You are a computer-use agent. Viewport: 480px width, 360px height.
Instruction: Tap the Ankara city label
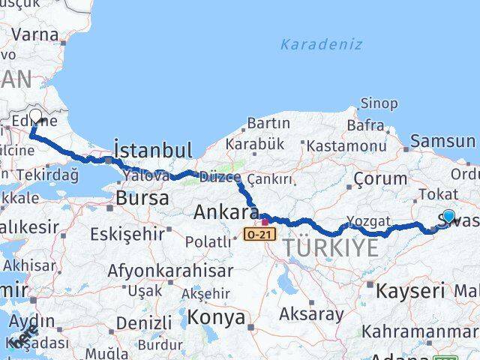[x=226, y=211]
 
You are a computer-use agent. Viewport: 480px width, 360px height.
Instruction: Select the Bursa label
[x=142, y=199]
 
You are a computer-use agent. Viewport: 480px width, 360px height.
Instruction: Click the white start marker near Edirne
[x=35, y=118]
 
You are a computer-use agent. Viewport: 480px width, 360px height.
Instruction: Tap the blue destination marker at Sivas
[x=448, y=217]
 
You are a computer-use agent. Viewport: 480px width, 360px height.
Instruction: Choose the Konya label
[x=216, y=317]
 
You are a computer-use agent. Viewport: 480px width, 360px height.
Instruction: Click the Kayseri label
[x=410, y=290]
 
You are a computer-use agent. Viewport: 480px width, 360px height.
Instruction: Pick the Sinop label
[x=379, y=103]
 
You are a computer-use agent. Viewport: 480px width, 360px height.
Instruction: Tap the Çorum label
[x=380, y=178]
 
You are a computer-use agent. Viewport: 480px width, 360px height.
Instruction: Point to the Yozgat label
[x=369, y=221]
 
